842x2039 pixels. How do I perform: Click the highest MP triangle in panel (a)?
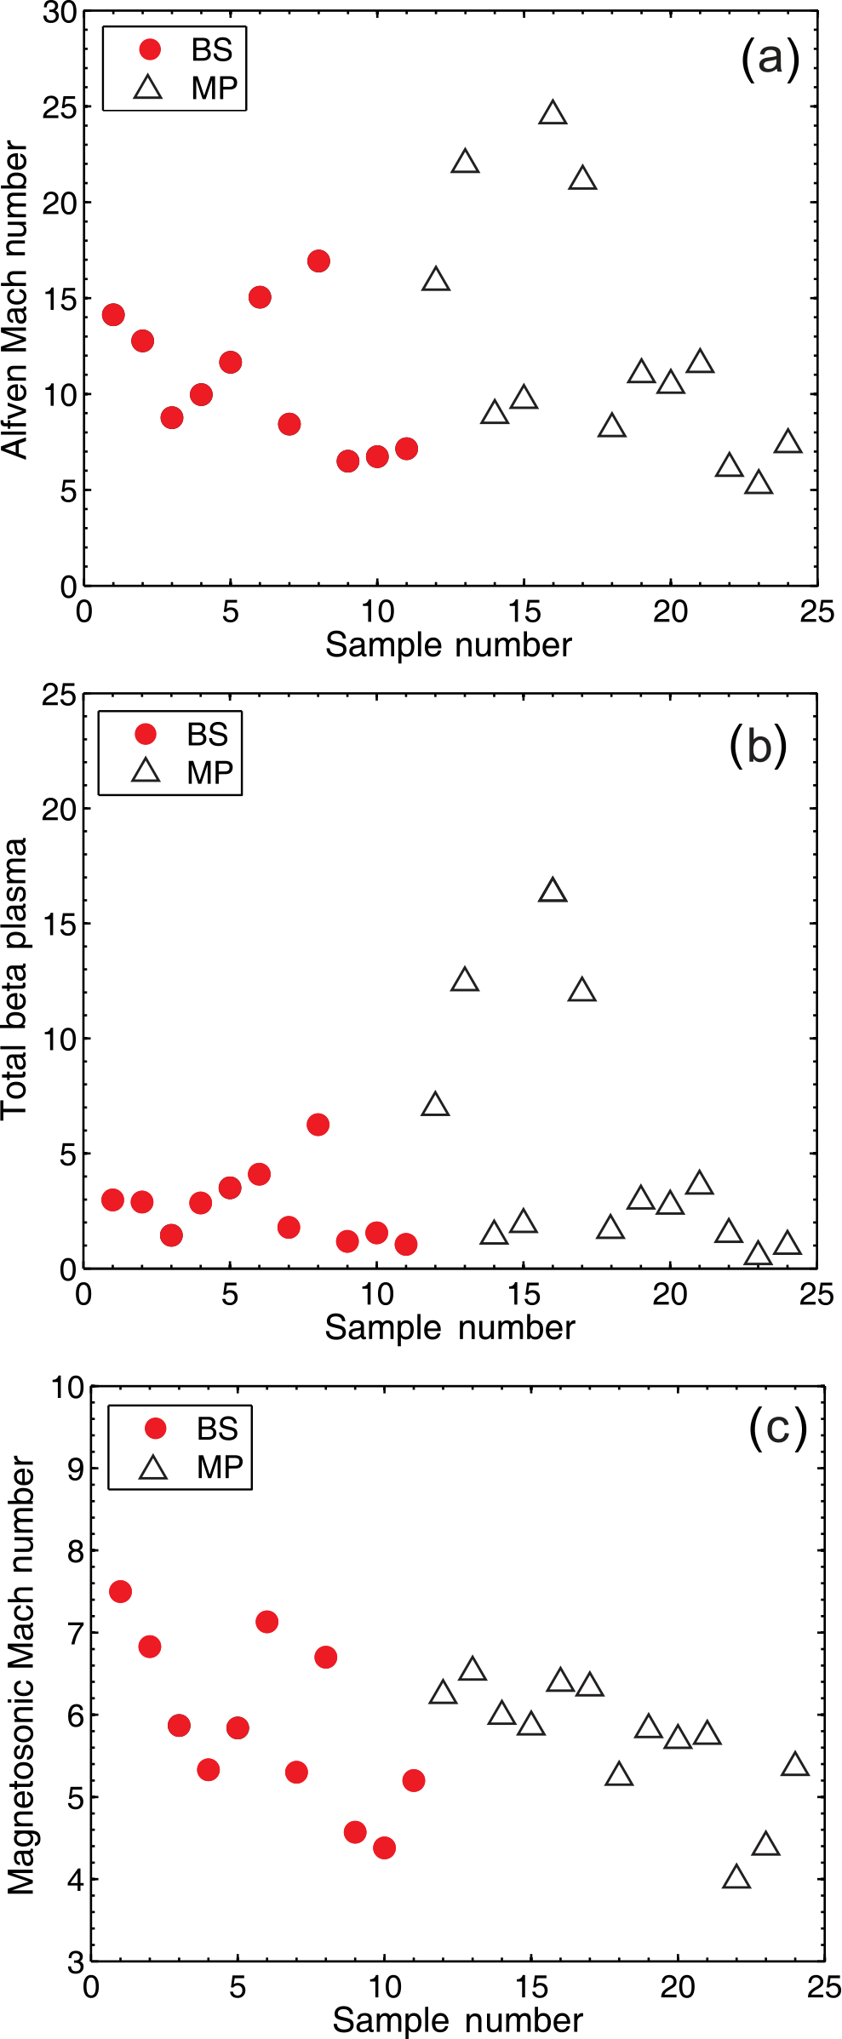click(x=553, y=113)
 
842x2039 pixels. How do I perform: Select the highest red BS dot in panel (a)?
click(x=318, y=261)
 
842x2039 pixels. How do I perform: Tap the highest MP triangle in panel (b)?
click(x=553, y=891)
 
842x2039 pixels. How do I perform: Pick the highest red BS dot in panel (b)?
click(x=318, y=1125)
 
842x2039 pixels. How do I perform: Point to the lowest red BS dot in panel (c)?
click(x=384, y=1847)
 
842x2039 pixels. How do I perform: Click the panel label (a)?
click(x=770, y=59)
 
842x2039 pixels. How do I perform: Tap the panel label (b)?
click(x=758, y=746)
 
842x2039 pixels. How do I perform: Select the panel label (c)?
click(x=777, y=1427)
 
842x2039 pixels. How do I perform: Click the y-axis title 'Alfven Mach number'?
click(x=15, y=300)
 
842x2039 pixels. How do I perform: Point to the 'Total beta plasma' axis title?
click(x=15, y=979)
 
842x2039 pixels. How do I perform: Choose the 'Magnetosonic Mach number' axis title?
click(x=20, y=1675)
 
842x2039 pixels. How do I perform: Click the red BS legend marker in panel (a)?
click(x=150, y=49)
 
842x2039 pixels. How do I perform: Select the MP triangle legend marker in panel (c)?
click(x=153, y=1468)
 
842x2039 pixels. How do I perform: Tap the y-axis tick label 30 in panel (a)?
click(x=60, y=13)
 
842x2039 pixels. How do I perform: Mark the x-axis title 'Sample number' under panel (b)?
click(x=450, y=1327)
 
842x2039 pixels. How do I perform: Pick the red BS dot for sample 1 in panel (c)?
click(x=120, y=1591)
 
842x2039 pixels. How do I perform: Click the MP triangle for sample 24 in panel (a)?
click(x=788, y=442)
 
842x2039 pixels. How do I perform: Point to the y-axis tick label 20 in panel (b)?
click(x=60, y=809)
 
